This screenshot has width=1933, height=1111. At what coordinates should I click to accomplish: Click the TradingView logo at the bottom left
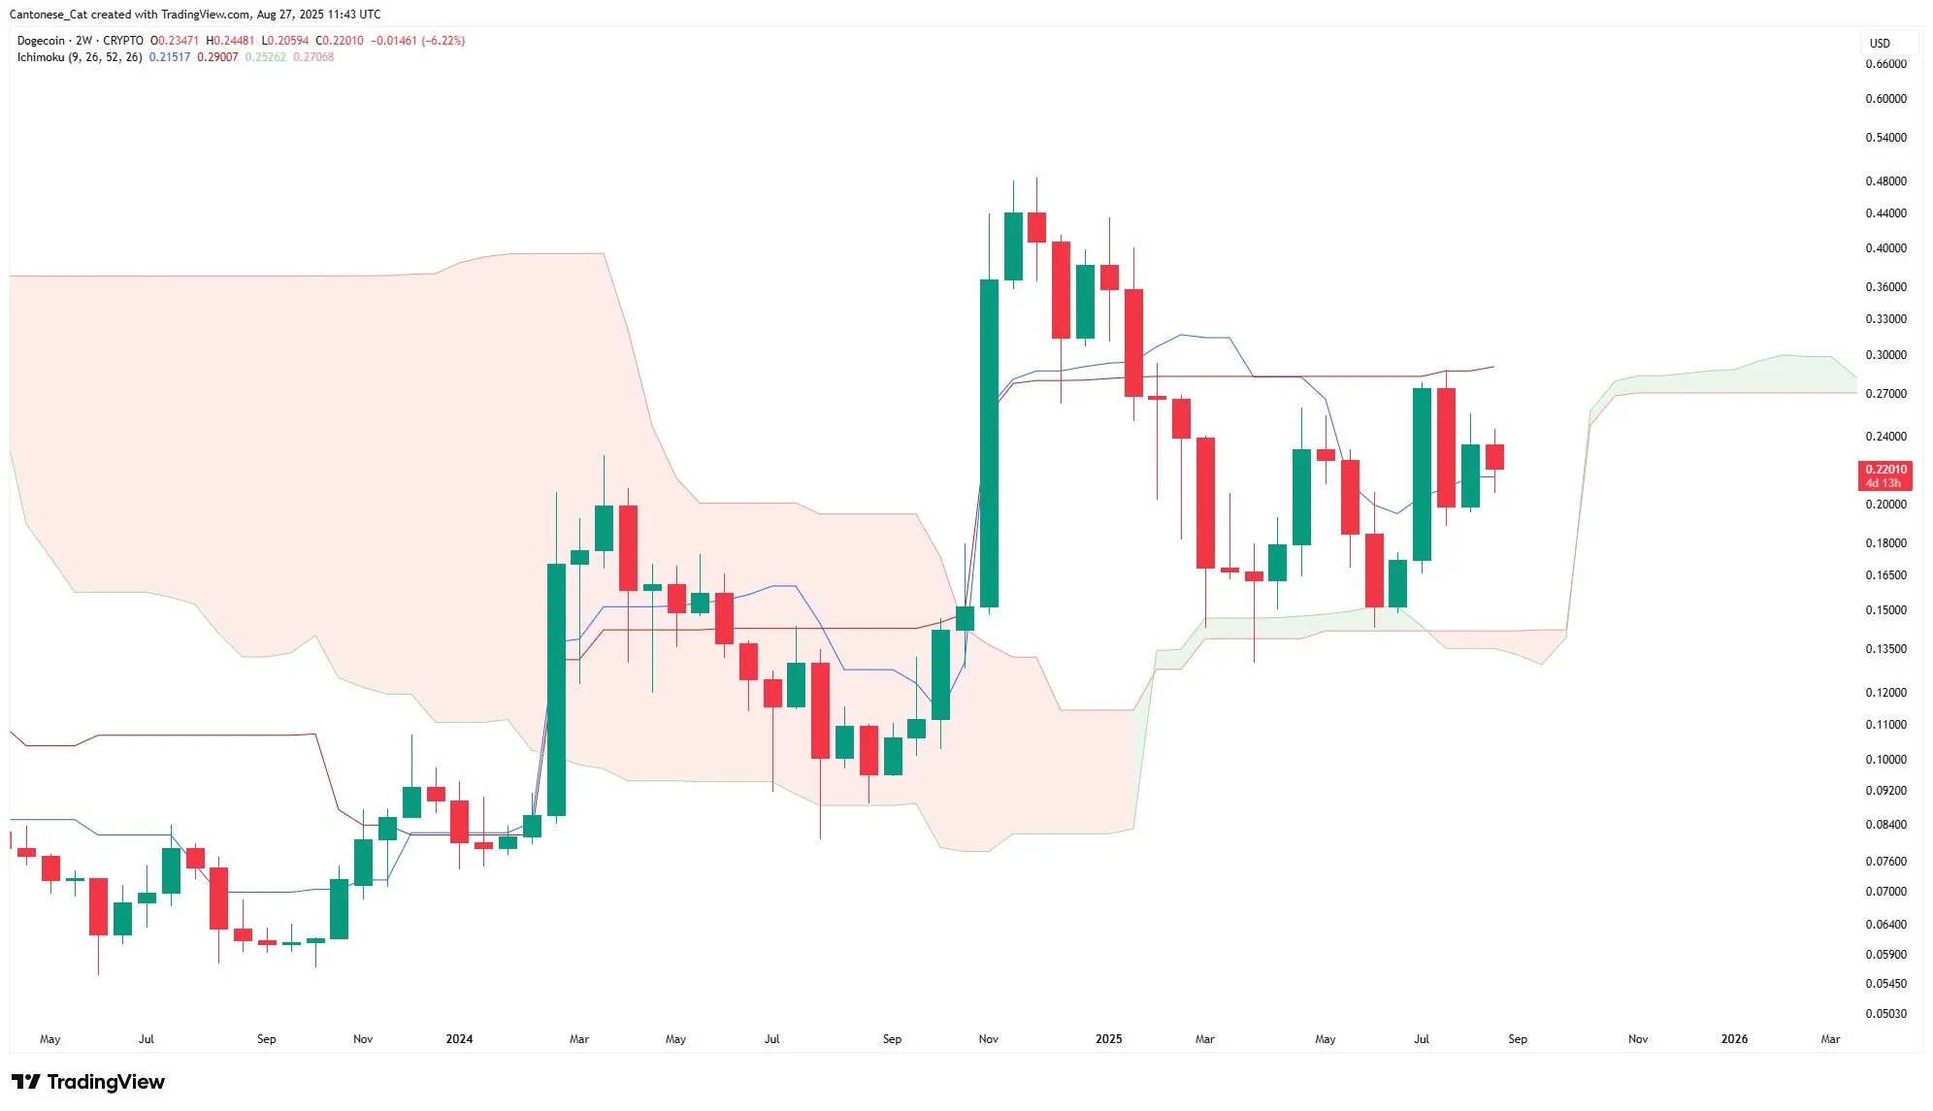(88, 1082)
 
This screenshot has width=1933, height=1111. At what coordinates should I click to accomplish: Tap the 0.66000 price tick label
(1885, 64)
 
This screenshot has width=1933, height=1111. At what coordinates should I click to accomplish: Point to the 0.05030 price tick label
(1885, 1014)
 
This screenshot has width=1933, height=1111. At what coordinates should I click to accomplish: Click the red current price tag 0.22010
(1885, 470)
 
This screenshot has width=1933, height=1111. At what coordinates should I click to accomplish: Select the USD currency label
(1880, 44)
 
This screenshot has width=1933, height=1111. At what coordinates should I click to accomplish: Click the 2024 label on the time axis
(459, 1039)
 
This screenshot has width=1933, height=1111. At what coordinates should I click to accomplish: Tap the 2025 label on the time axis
(1108, 1039)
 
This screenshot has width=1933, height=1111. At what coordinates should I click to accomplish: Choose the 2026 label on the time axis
(1734, 1039)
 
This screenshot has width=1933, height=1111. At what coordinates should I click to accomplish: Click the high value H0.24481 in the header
(230, 41)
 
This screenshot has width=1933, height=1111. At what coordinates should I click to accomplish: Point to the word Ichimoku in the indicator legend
(41, 57)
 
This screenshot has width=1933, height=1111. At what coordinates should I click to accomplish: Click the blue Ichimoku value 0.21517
(170, 57)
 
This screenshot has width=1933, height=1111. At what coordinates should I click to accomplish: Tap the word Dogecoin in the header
(41, 41)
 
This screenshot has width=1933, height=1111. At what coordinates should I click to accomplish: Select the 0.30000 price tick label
(1885, 355)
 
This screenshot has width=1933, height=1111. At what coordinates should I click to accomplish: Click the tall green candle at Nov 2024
(989, 442)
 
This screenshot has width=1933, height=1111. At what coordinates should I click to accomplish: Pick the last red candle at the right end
(1494, 457)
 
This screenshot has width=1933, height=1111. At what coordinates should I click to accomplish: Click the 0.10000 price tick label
(1885, 760)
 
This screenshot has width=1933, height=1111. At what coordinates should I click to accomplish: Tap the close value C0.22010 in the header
(340, 41)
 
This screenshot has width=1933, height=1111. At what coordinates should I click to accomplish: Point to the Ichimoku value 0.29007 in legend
(217, 57)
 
